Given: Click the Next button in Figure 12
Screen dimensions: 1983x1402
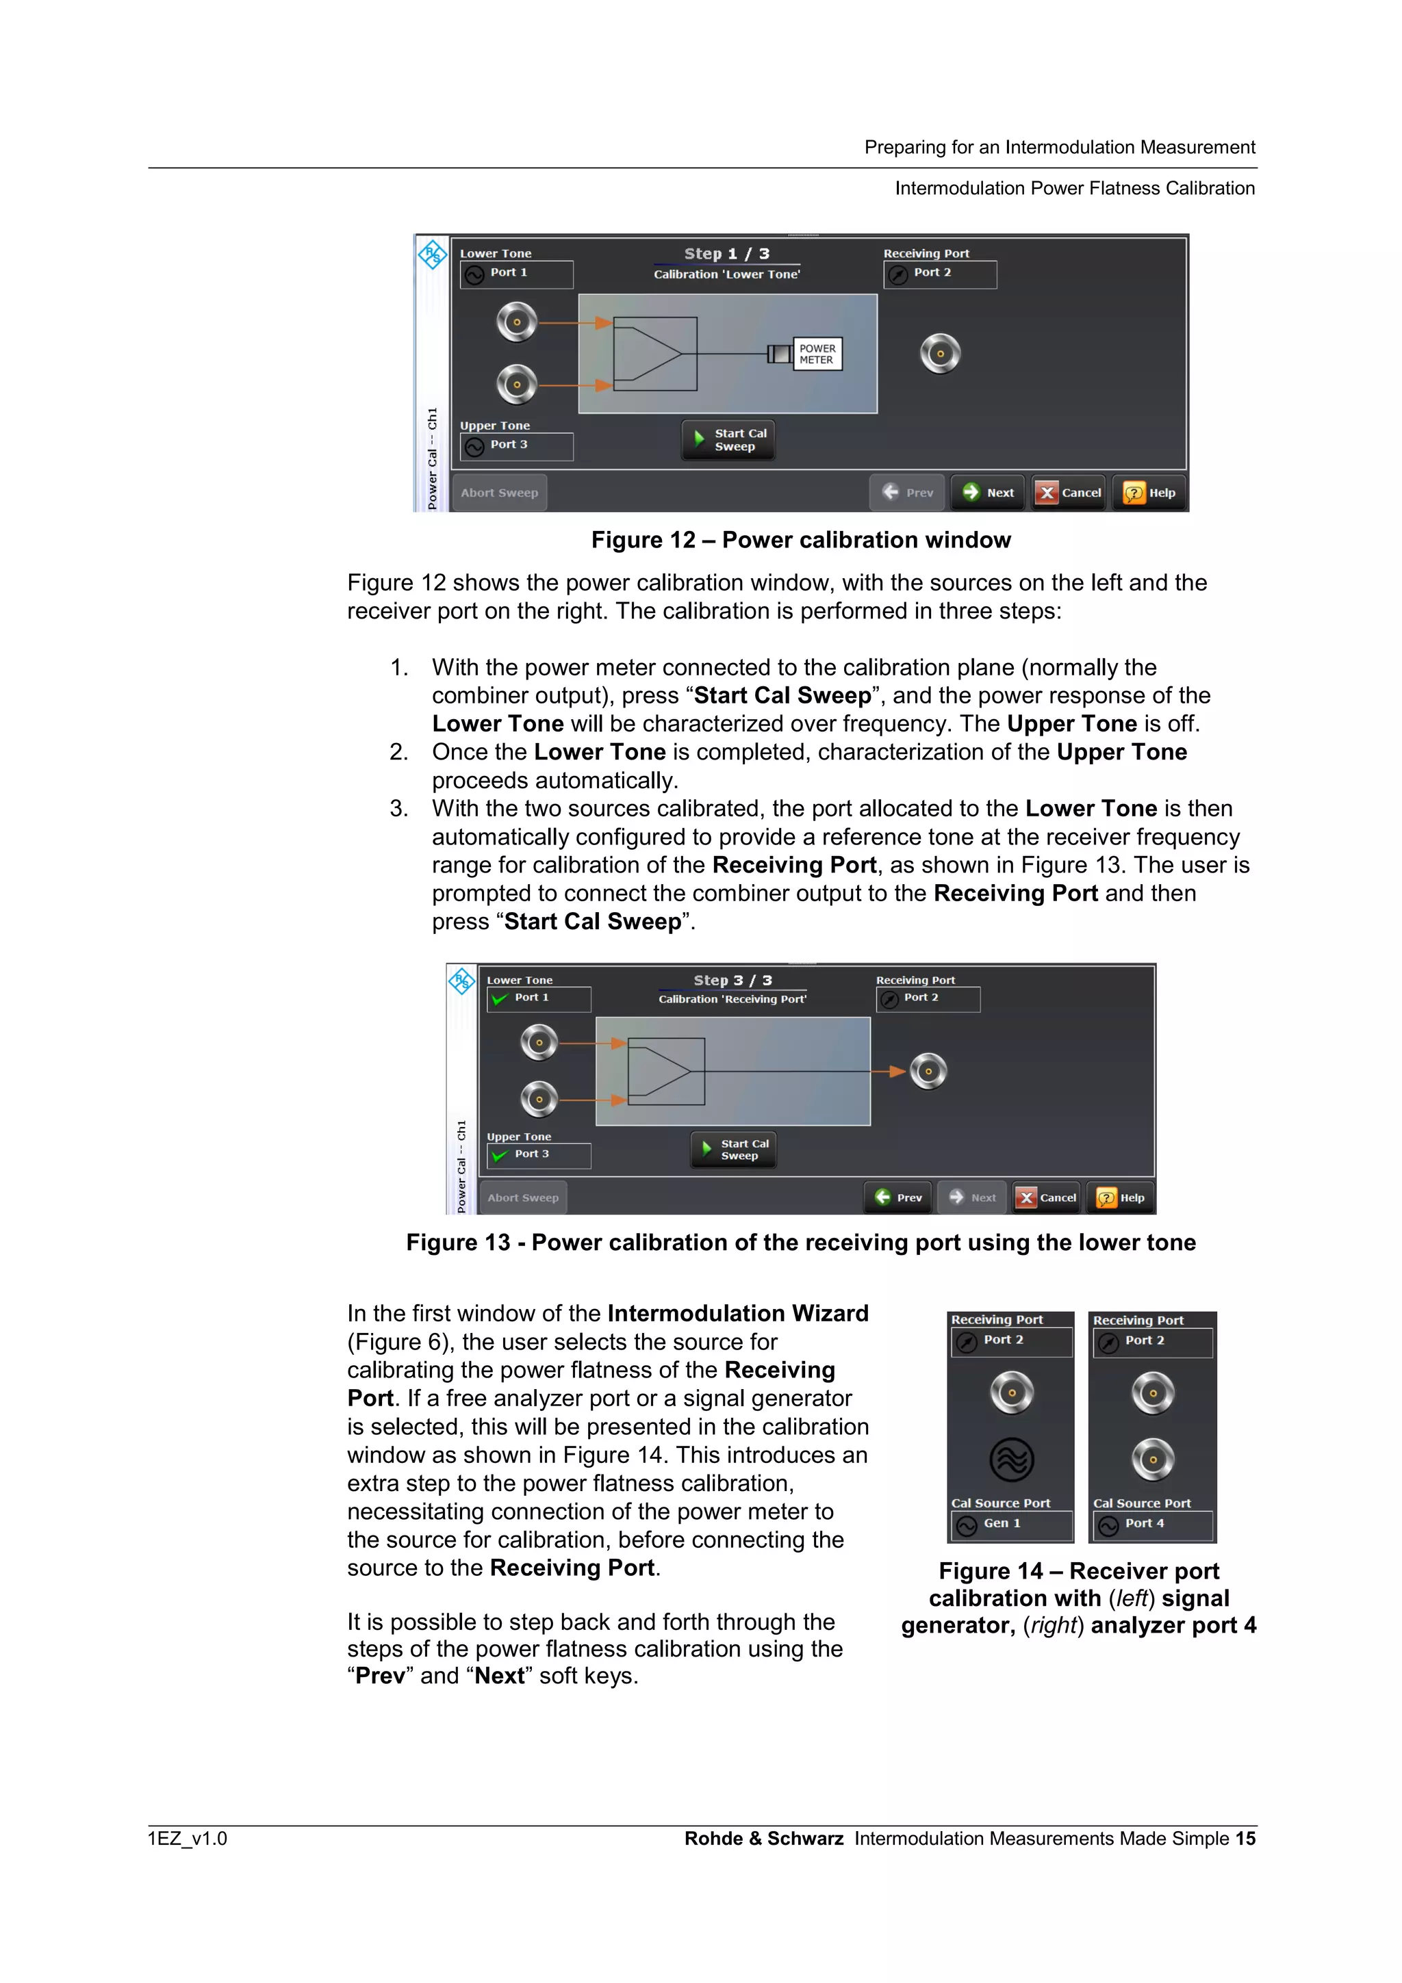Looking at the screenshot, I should tap(989, 492).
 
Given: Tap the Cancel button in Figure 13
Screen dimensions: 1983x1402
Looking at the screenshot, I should tap(1046, 1197).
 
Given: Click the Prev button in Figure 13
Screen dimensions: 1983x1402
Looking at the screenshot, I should tap(898, 1197).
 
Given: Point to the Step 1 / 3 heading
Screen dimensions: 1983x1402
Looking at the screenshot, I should tap(726, 253).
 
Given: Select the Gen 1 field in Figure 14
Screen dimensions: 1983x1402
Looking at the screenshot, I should tap(1010, 1524).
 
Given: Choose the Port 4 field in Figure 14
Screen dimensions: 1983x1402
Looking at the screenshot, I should tap(1152, 1524).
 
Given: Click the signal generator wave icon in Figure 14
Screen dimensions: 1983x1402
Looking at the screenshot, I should tap(1012, 1460).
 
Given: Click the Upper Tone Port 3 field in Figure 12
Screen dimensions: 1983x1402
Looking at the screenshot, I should tap(515, 445).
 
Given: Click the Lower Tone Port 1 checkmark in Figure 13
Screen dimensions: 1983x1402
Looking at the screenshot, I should tap(499, 998).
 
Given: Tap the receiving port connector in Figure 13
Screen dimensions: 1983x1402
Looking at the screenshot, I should tap(929, 1071).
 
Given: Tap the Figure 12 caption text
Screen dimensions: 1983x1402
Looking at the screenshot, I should tap(801, 540).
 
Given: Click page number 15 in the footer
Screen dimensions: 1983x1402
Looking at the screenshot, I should tap(1245, 1838).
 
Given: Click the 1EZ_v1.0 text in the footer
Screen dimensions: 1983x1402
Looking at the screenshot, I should tap(188, 1838).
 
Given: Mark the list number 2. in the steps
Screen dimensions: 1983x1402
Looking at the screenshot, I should tap(398, 752).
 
